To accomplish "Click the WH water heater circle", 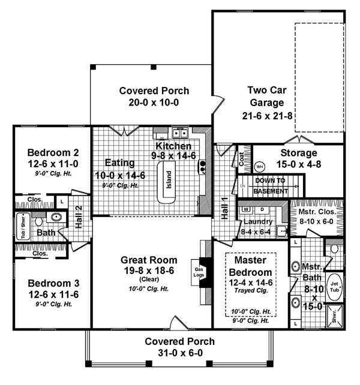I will pyautogui.click(x=259, y=166).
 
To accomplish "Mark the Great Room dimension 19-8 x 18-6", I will pyautogui.click(x=149, y=271).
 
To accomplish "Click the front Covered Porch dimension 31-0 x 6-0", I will pyautogui.click(x=179, y=353).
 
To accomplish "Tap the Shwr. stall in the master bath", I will pyautogui.click(x=334, y=318).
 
